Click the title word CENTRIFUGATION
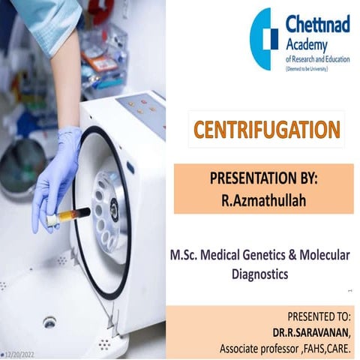click(266, 130)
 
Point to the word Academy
click(306, 46)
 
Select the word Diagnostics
click(259, 274)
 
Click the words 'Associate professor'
click(259, 348)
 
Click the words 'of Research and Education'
click(319, 58)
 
